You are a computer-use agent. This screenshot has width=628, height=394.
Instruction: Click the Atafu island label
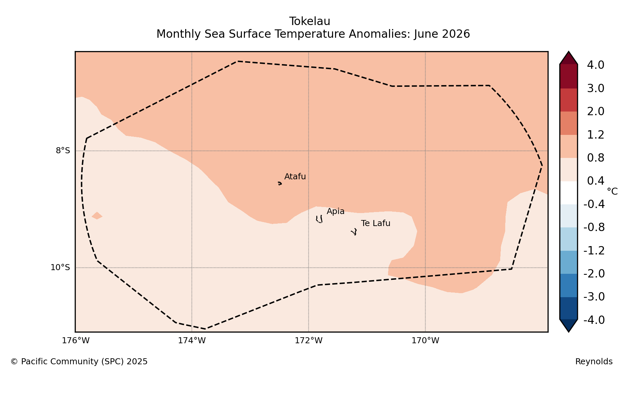coord(295,177)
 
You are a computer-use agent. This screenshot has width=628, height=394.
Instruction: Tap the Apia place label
coord(335,211)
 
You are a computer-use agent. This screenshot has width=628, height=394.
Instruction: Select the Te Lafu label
coord(375,223)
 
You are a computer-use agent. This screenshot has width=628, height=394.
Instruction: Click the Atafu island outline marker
coord(280,183)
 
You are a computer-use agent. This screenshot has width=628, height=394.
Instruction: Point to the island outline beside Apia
coord(319,219)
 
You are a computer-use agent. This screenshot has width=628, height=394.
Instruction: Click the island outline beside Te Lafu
coord(354,232)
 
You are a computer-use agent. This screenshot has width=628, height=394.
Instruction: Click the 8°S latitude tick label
coord(63,151)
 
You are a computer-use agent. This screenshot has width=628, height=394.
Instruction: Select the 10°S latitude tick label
coord(60,268)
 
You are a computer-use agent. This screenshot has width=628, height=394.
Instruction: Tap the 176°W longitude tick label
coord(76,341)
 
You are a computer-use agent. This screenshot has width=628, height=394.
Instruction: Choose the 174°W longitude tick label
coord(192,341)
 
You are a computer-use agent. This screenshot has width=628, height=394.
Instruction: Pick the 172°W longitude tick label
coord(309,341)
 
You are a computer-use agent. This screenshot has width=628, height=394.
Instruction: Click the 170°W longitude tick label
coord(425,341)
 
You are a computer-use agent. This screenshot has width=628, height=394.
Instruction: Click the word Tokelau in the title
coord(310,21)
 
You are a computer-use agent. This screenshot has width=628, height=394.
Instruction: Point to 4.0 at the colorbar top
coord(596,65)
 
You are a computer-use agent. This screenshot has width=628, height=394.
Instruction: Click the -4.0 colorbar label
coord(594,320)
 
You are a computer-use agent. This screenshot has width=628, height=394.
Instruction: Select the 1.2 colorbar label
coord(596,135)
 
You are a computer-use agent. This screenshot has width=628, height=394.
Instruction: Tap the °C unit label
coord(612,192)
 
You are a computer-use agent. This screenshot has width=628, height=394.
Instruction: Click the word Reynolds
coord(594,362)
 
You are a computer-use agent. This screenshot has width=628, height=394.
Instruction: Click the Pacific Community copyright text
coord(79,362)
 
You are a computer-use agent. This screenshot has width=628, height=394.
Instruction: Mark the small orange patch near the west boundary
coord(97,216)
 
